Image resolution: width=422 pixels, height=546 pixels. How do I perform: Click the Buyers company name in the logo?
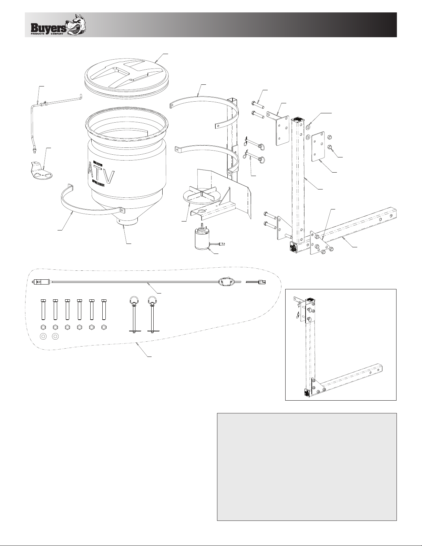(x=49, y=28)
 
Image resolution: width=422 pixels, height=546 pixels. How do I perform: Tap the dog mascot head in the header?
(x=76, y=24)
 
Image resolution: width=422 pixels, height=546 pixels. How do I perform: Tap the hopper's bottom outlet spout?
(x=127, y=221)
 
